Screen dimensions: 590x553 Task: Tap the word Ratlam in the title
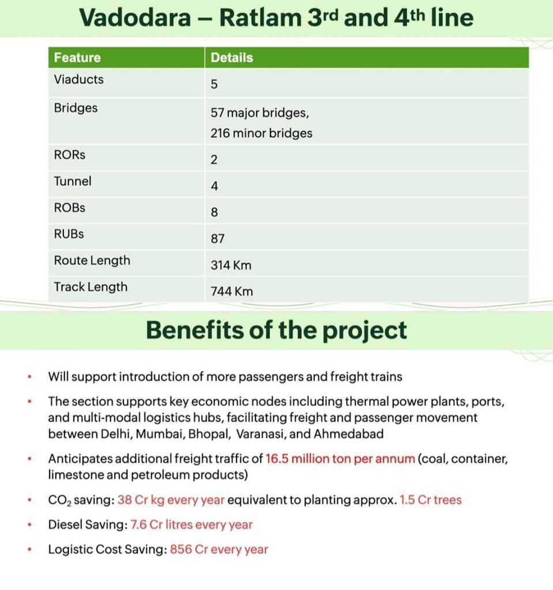pos(258,17)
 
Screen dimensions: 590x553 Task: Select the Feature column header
pos(77,57)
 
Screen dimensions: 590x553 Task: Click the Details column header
pos(232,57)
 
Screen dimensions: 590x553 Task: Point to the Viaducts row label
pos(79,80)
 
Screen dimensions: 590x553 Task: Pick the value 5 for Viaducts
pos(214,85)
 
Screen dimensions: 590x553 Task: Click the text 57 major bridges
pos(259,113)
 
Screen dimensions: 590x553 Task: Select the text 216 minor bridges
pos(261,133)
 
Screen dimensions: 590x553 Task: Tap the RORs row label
pos(70,155)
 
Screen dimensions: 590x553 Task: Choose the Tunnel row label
pos(73,181)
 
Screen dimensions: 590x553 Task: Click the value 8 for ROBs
pos(214,213)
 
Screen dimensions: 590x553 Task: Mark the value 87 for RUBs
pos(217,239)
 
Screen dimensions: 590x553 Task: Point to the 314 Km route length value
pos(231,265)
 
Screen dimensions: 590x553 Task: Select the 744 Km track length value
pos(232,292)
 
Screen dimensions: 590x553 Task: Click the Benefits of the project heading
pos(276,330)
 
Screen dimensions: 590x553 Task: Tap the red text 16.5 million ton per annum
pos(340,459)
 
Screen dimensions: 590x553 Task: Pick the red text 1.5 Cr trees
pos(431,500)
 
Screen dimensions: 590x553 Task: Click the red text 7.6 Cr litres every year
pos(191,525)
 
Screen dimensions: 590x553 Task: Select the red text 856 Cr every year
pos(219,550)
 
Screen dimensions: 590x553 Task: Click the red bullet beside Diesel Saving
pos(29,525)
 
